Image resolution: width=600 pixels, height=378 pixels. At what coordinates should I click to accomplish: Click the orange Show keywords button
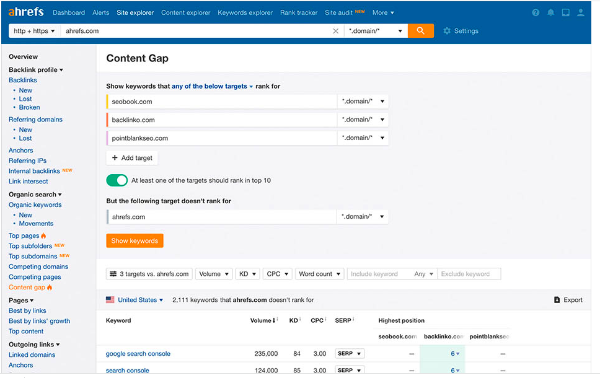tap(135, 240)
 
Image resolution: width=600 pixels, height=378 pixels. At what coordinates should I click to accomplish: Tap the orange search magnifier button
tap(420, 31)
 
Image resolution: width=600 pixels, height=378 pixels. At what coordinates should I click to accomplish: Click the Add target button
tap(131, 158)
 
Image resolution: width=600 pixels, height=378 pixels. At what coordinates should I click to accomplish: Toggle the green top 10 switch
tap(117, 180)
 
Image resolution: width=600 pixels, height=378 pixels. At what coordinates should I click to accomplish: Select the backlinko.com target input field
tap(222, 120)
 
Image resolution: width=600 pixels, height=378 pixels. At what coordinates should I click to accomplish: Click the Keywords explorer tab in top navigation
tap(245, 12)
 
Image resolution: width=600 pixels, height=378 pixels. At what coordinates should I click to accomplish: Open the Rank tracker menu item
tap(299, 12)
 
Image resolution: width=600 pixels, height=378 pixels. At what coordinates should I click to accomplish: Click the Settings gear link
tap(461, 31)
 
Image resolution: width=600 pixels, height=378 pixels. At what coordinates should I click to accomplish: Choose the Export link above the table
tap(568, 300)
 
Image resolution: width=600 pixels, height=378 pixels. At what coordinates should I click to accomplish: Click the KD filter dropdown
tap(247, 274)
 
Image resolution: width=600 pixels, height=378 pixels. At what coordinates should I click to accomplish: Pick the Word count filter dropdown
tap(319, 274)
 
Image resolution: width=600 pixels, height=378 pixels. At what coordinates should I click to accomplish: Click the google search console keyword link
tap(138, 354)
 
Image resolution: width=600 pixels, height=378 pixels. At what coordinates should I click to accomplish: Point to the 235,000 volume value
tap(265, 354)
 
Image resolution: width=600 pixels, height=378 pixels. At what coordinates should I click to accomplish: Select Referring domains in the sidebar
tap(35, 120)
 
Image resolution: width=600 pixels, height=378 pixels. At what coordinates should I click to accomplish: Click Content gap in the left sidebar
tap(27, 288)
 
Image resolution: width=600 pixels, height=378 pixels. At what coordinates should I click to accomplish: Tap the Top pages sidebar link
tap(24, 235)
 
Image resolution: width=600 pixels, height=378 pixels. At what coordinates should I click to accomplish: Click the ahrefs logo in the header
tap(27, 12)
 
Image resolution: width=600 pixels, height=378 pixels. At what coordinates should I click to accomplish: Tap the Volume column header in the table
tap(261, 320)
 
